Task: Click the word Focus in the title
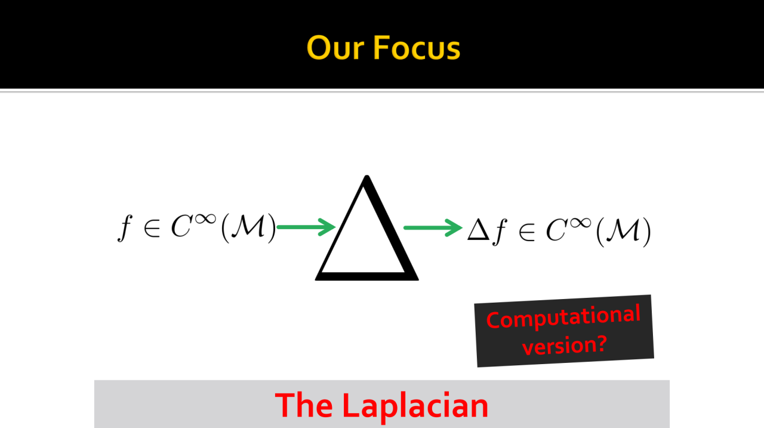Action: pyautogui.click(x=417, y=48)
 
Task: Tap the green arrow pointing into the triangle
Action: pyautogui.click(x=306, y=227)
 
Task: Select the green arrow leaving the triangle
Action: pyautogui.click(x=433, y=228)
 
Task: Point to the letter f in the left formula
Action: pyautogui.click(x=125, y=228)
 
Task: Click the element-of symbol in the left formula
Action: pyautogui.click(x=152, y=229)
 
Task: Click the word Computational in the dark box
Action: pyautogui.click(x=563, y=317)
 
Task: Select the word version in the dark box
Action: pyautogui.click(x=559, y=346)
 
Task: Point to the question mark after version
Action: pyautogui.click(x=602, y=343)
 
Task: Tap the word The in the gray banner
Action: pyautogui.click(x=304, y=405)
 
